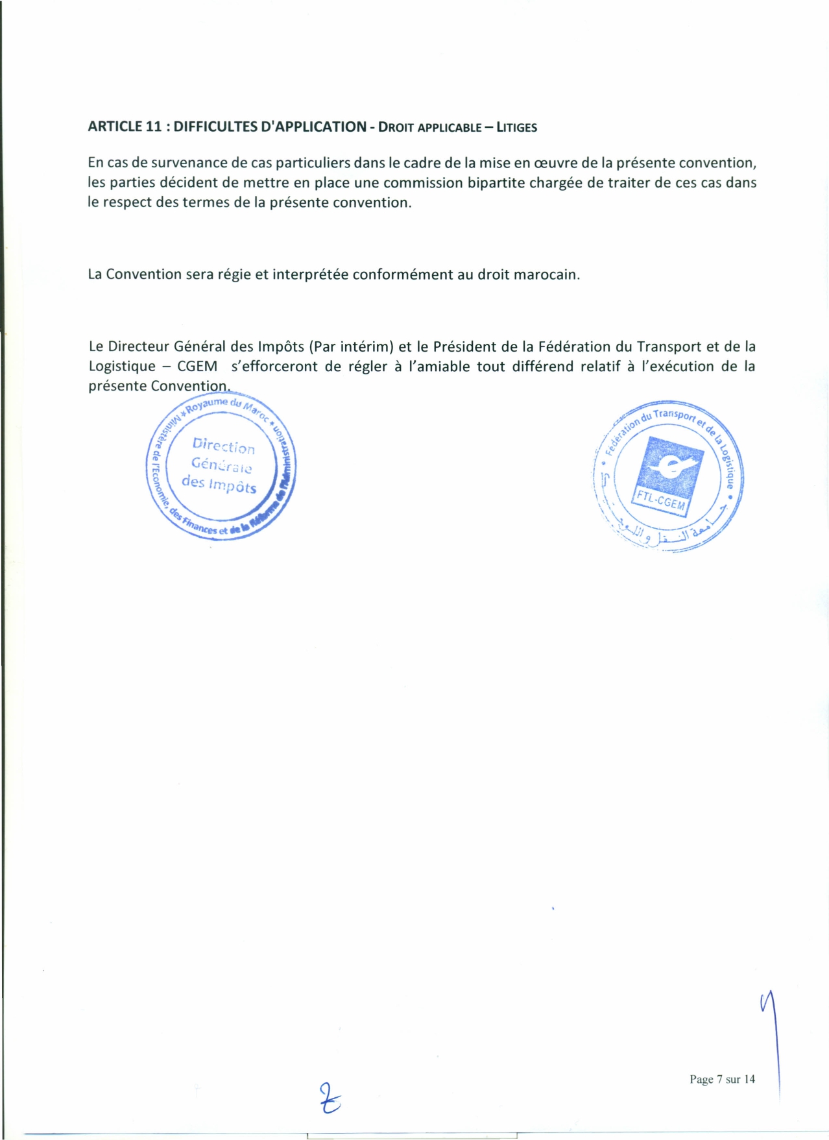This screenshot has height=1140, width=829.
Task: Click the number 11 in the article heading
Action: (153, 127)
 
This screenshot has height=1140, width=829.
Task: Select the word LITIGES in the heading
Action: (517, 127)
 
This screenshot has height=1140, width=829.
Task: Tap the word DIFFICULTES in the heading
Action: (215, 127)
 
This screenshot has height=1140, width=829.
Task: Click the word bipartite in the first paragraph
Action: (496, 183)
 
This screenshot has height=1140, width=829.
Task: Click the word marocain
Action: (546, 274)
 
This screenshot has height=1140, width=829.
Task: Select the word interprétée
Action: (311, 274)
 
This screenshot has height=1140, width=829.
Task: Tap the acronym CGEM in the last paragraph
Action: (197, 367)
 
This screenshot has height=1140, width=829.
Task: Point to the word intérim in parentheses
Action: (365, 346)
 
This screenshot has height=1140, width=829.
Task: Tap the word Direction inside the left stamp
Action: (224, 446)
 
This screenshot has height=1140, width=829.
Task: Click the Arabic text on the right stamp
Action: (668, 536)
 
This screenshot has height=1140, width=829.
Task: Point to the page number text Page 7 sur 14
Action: (722, 1079)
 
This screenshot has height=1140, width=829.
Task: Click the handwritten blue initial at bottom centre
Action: (330, 1098)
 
